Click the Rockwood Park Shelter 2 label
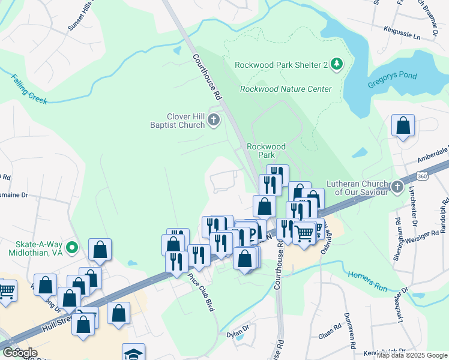(281, 65)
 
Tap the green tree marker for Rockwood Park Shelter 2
(337, 64)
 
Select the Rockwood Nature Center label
(285, 89)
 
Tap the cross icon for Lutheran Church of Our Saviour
(396, 187)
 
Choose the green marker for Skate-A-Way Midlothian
(73, 247)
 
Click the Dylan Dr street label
(238, 330)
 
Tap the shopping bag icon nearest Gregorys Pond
(403, 126)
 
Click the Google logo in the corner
(20, 353)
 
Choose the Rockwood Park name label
(267, 150)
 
